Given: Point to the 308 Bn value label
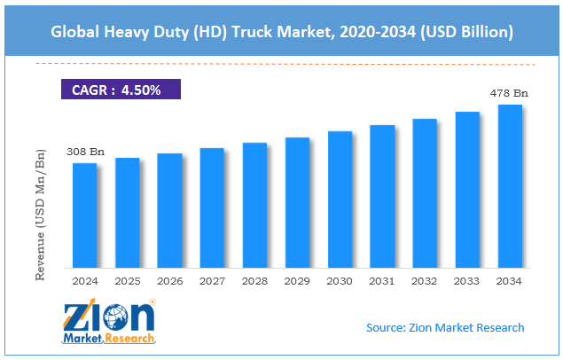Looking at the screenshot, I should pyautogui.click(x=86, y=153).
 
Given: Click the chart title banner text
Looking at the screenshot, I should pyautogui.click(x=281, y=33).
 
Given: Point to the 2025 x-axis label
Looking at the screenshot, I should pyautogui.click(x=128, y=280).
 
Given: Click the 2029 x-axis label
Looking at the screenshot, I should pyautogui.click(x=297, y=280).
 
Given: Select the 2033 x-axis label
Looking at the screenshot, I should pyautogui.click(x=467, y=280).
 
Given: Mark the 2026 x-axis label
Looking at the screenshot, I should pyautogui.click(x=170, y=280).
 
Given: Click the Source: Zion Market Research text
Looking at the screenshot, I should pyautogui.click(x=445, y=328).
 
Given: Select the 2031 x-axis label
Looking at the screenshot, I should pyautogui.click(x=382, y=280).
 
